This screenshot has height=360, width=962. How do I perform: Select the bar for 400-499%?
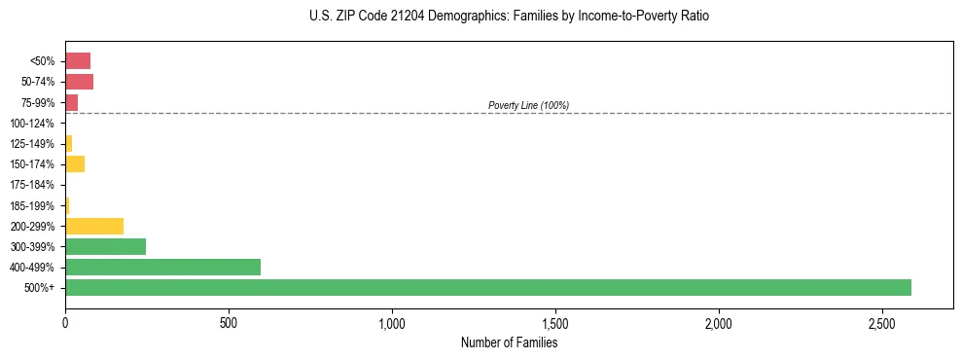tap(162, 268)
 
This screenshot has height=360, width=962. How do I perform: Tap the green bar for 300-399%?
tap(105, 247)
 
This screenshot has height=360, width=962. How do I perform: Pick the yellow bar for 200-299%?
tap(94, 226)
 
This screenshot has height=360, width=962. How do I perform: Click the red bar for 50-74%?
tap(79, 82)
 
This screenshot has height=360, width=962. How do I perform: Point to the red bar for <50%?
tap(78, 61)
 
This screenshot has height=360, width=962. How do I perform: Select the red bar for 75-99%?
tap(71, 102)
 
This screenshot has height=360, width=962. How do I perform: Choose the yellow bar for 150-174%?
tap(75, 164)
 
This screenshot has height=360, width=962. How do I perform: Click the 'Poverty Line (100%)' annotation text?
tap(528, 105)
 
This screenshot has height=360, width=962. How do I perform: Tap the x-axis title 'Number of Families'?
tap(509, 342)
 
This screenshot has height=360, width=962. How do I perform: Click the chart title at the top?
tap(510, 17)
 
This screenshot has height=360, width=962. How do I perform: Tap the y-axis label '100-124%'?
tap(32, 124)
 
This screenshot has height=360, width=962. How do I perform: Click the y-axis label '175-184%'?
tap(32, 185)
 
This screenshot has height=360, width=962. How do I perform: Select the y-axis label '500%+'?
tap(40, 288)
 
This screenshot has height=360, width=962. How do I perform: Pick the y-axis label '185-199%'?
tap(32, 206)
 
